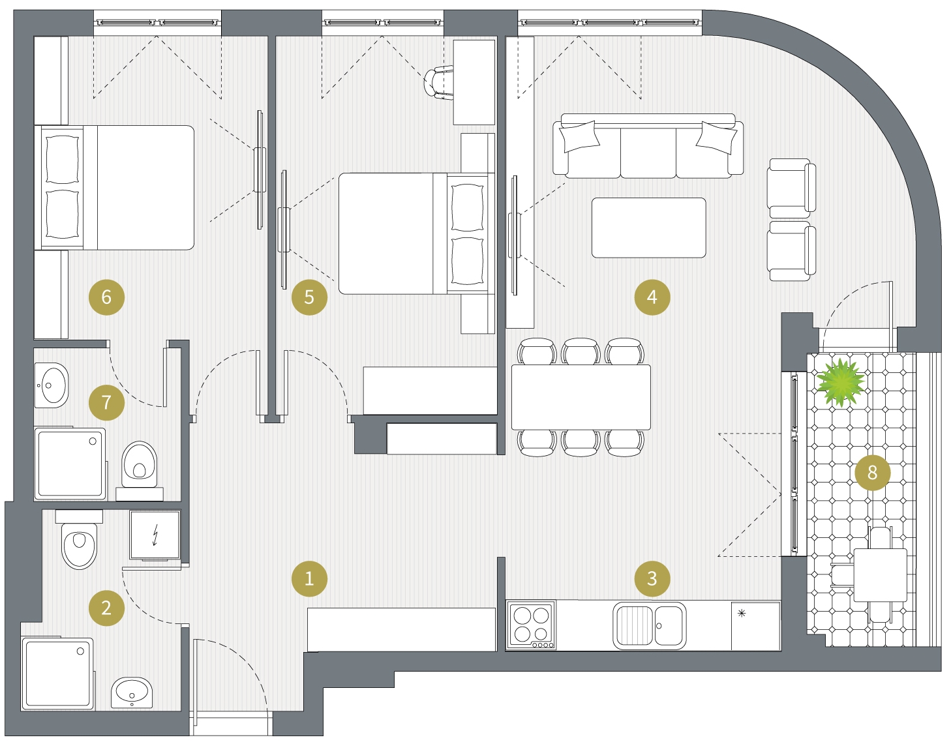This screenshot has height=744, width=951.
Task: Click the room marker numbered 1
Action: click(309, 578)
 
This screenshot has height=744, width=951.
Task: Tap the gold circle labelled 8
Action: click(872, 472)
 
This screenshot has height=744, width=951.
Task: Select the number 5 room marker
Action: click(309, 297)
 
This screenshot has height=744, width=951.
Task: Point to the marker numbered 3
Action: click(652, 578)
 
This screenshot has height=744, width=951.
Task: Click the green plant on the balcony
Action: click(840, 382)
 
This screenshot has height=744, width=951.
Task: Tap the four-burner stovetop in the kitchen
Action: click(532, 625)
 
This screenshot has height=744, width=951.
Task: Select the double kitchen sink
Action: click(650, 625)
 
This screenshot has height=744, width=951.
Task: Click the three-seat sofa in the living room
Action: click(648, 146)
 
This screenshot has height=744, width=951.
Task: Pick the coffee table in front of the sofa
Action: click(648, 228)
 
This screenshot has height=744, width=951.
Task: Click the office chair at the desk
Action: click(438, 83)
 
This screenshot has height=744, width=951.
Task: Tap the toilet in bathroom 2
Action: click(79, 539)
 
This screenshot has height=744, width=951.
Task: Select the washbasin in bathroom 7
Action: click(52, 385)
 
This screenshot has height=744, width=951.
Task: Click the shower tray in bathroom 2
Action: click(58, 674)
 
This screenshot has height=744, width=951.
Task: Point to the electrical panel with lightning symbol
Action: click(155, 535)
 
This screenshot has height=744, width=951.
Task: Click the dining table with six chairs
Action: click(581, 397)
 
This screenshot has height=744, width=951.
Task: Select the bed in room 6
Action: click(114, 188)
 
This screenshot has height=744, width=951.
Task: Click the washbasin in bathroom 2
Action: click(132, 693)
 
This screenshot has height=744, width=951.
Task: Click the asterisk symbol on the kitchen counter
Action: click(742, 613)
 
